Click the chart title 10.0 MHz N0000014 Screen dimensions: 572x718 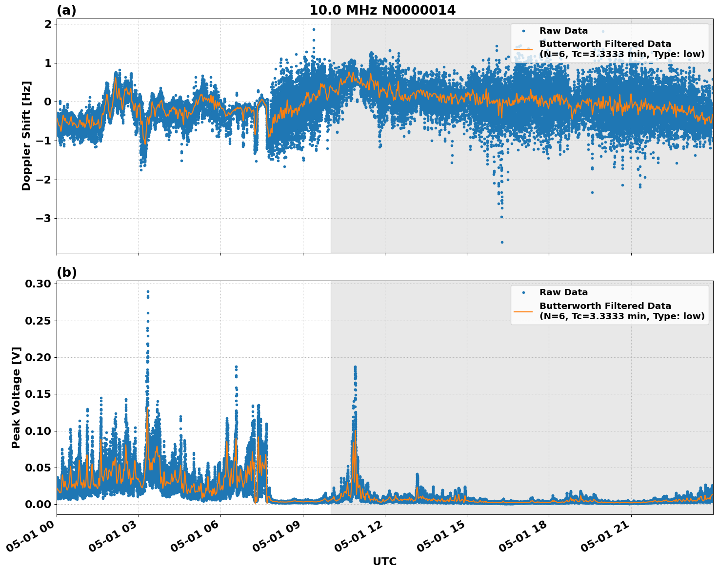point(382,10)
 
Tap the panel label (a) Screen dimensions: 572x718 point(66,10)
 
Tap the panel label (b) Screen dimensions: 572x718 point(66,272)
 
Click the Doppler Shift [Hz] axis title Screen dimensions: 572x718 point(26,136)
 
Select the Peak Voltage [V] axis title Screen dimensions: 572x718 point(16,397)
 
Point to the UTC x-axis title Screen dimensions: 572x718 point(384,561)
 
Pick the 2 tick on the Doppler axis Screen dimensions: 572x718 point(48,24)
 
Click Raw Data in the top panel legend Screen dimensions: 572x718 point(563,31)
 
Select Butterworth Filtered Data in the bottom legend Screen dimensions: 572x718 point(605,306)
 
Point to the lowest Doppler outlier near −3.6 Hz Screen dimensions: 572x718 point(502,242)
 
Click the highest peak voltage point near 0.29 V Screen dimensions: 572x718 point(148,292)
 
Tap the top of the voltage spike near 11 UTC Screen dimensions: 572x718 point(355,367)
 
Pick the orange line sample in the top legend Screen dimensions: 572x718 point(523,49)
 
